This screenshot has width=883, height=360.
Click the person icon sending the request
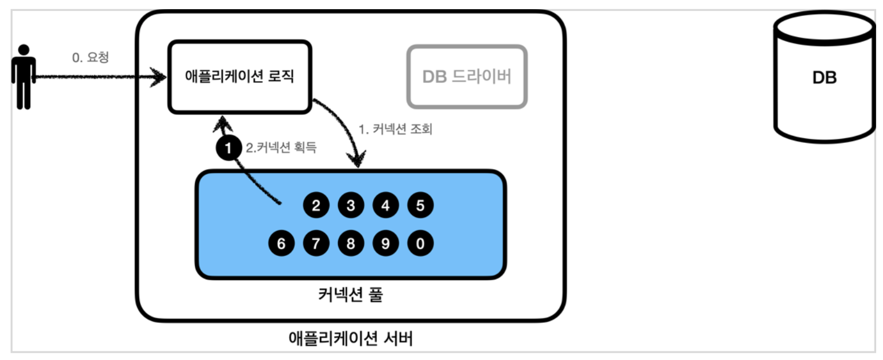coord(23,76)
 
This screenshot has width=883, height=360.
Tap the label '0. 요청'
coord(90,58)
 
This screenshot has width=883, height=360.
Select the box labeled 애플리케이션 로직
coord(239,77)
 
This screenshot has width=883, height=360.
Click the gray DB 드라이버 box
coord(467,77)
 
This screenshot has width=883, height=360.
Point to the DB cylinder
coord(824,77)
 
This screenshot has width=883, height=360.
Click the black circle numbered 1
coord(228,149)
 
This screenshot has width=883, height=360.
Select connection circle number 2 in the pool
coord(316,206)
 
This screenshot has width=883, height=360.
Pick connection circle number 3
coord(351,206)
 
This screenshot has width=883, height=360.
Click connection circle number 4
coord(386,206)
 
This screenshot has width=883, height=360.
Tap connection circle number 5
coord(420,206)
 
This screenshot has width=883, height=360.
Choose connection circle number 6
coord(281,244)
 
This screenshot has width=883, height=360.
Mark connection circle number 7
coord(316,244)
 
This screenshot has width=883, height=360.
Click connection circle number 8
coord(351,244)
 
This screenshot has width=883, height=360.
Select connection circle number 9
coord(386,244)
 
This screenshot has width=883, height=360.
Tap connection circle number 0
coord(420,244)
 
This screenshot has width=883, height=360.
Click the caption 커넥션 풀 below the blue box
coord(350,295)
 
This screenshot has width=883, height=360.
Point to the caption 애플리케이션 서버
coord(351,339)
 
